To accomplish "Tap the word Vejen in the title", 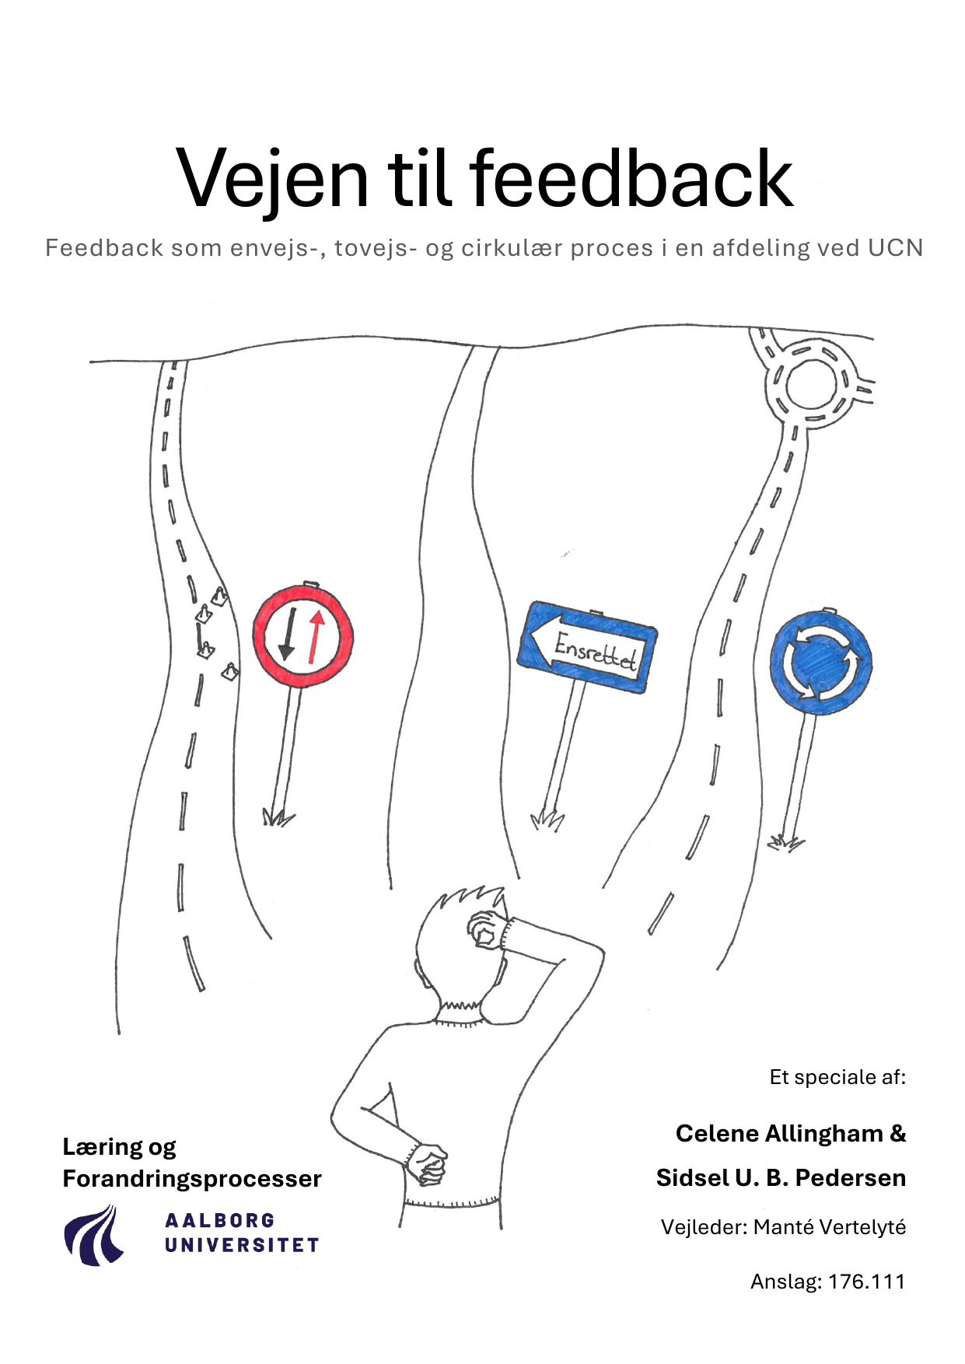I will point(272,181).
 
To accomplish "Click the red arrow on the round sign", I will point(315,636).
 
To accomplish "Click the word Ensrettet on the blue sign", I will point(595,650).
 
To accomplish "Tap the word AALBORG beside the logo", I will point(220,1220).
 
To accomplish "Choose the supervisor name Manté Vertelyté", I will point(830,1227).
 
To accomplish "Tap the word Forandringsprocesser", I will point(192,1179).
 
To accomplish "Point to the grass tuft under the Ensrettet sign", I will point(547,820).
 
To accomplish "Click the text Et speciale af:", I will point(837,1077).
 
